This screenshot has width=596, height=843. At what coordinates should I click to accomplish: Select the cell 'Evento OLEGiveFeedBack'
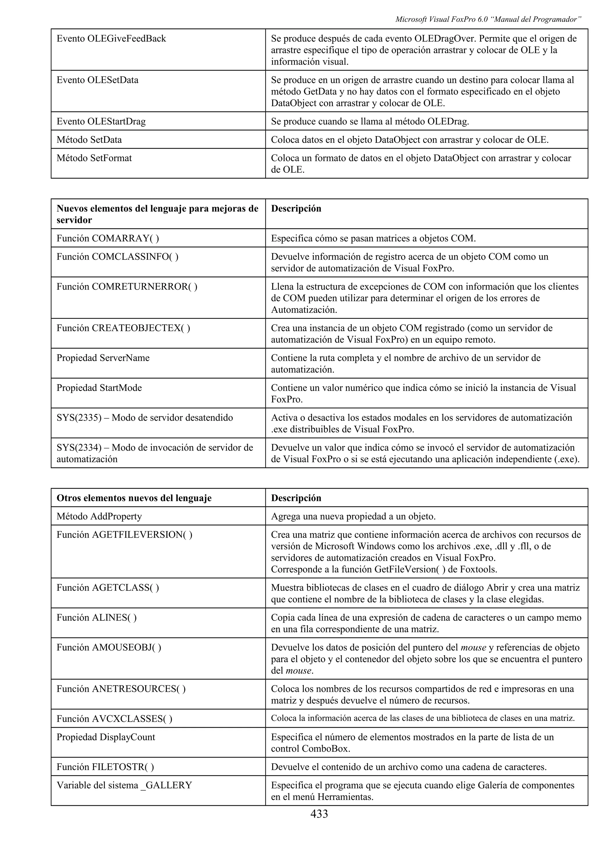pyautogui.click(x=111, y=39)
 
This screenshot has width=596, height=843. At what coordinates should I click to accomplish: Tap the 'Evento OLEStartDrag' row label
pyautogui.click(x=101, y=121)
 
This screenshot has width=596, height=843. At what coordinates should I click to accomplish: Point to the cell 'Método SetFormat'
pyautogui.click(x=94, y=158)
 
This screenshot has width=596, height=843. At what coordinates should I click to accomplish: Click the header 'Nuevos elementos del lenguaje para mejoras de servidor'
pyautogui.click(x=157, y=214)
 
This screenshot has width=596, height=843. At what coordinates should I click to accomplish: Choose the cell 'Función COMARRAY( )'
pyautogui.click(x=108, y=238)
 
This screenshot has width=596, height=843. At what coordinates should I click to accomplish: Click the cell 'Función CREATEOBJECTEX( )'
pyautogui.click(x=123, y=328)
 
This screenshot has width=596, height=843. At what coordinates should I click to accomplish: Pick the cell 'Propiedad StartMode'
pyautogui.click(x=99, y=388)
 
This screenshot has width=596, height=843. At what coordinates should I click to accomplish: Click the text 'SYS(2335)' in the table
pyautogui.click(x=79, y=417)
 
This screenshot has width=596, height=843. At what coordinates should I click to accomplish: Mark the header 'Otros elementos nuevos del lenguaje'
pyautogui.click(x=134, y=498)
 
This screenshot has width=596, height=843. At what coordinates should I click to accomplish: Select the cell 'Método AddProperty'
pyautogui.click(x=99, y=516)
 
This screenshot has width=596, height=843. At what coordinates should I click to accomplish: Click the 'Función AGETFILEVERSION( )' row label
pyautogui.click(x=124, y=535)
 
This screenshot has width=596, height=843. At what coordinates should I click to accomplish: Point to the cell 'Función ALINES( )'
pyautogui.click(x=97, y=618)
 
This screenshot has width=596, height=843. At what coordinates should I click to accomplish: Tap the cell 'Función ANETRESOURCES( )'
pyautogui.click(x=121, y=689)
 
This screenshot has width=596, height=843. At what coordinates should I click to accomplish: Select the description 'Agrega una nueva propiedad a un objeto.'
pyautogui.click(x=353, y=516)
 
